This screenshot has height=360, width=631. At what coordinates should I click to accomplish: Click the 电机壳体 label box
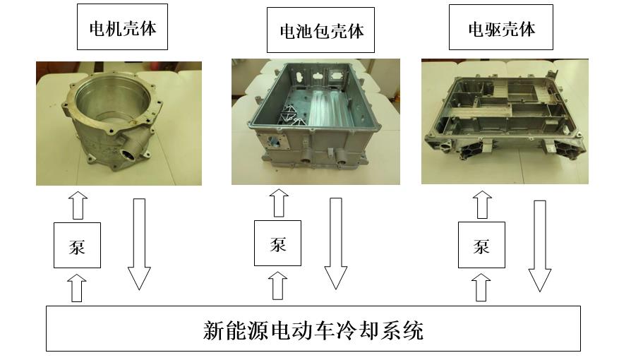point(122,29)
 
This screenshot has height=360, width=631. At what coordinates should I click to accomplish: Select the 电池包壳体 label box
point(321,31)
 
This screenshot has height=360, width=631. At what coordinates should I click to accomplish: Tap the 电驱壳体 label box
point(501,29)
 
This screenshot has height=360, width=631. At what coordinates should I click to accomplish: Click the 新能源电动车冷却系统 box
point(313,328)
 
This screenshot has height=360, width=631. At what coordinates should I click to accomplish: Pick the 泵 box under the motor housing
point(78,245)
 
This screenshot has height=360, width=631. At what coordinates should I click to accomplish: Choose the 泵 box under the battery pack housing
point(277,244)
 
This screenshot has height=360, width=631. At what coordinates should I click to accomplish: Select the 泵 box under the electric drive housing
point(481,245)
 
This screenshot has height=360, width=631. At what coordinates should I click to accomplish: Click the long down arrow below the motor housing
point(139,244)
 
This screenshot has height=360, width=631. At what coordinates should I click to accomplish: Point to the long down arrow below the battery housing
point(336,244)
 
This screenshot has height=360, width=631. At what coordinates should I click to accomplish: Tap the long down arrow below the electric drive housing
point(540,246)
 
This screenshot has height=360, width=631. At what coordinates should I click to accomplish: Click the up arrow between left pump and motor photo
point(78,205)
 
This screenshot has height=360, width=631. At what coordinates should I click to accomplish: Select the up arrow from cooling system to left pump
point(78,287)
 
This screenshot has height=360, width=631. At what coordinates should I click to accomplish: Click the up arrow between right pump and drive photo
point(482,205)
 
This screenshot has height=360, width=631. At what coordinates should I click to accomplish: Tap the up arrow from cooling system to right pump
point(482,288)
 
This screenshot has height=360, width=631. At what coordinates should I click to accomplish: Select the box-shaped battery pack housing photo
point(315,121)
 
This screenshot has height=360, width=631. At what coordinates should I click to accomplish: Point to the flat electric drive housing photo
point(504,121)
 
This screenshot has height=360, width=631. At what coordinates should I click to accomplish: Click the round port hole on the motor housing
point(131,154)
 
